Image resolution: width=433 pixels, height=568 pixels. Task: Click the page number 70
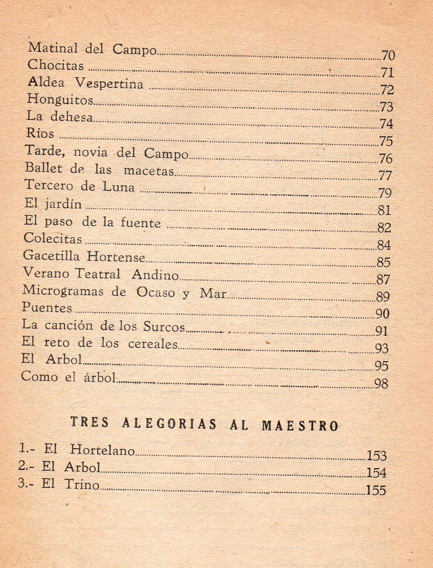pyautogui.click(x=388, y=55)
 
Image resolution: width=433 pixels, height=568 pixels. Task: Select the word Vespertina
pyautogui.click(x=109, y=84)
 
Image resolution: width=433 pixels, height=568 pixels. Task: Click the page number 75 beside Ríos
pyautogui.click(x=386, y=141)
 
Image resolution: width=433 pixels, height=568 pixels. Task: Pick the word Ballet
pyautogui.click(x=44, y=168)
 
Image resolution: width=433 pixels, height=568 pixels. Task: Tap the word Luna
pyautogui.click(x=118, y=187)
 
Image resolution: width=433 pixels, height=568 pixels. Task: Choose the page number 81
pyautogui.click(x=384, y=210)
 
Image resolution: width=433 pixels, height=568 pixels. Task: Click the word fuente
pyautogui.click(x=141, y=223)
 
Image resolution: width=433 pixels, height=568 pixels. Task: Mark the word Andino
pyautogui.click(x=155, y=275)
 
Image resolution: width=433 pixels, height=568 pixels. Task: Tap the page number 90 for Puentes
pyautogui.click(x=382, y=314)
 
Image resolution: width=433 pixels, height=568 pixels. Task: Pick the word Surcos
pyautogui.click(x=164, y=326)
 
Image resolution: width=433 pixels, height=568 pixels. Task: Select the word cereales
pyautogui.click(x=153, y=344)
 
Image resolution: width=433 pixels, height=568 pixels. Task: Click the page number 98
pyautogui.click(x=381, y=384)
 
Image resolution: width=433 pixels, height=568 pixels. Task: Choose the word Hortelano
pyautogui.click(x=102, y=450)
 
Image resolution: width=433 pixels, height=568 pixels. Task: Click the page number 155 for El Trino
pyautogui.click(x=376, y=490)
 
